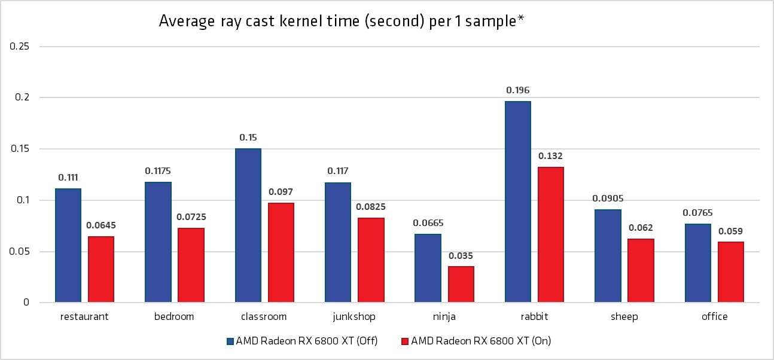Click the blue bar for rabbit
click(x=517, y=202)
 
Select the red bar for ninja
click(x=461, y=284)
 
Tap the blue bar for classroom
click(x=248, y=225)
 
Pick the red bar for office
click(x=730, y=271)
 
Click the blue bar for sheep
click(x=608, y=255)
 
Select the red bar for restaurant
click(x=100, y=269)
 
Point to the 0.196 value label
click(x=517, y=90)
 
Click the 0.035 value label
click(x=461, y=255)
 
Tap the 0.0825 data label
click(x=370, y=207)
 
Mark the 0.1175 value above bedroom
click(x=159, y=171)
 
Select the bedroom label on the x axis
click(x=174, y=317)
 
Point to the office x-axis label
click(x=714, y=317)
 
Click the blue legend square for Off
click(x=230, y=341)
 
